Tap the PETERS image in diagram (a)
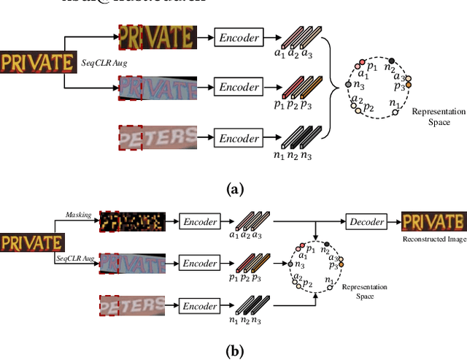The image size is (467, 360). click(158, 137)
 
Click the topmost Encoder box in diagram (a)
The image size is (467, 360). click(238, 35)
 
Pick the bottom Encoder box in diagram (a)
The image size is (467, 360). click(238, 138)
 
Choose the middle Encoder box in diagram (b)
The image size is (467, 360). click(200, 263)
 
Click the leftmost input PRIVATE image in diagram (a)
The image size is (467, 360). click(37, 62)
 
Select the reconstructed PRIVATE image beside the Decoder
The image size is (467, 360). click(434, 221)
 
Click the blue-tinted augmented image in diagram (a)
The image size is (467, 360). click(158, 87)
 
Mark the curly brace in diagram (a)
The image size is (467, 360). click(332, 86)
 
